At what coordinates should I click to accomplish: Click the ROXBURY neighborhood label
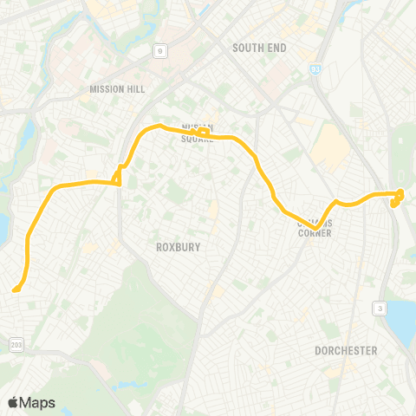pos(179,247)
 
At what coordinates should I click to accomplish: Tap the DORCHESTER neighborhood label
pos(347,351)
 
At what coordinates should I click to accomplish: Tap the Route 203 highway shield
pos(18,346)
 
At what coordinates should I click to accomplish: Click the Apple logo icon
pos(13,402)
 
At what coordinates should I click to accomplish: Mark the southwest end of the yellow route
pos(16,289)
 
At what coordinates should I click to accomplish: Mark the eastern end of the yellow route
pos(400,193)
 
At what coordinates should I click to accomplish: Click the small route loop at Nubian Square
pos(201,133)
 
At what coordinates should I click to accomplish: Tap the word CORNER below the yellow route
pos(314,232)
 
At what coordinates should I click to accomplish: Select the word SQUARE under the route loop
pos(198,138)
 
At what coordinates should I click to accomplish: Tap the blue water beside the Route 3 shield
pos(403,322)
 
